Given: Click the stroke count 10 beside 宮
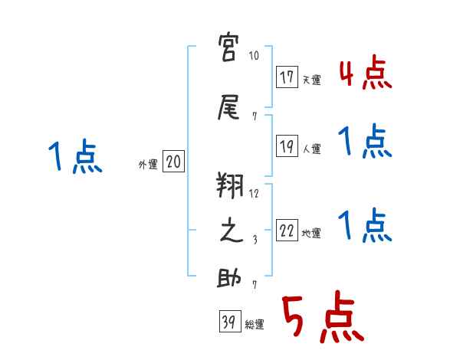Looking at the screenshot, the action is pos(254,56).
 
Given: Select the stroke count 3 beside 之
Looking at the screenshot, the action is pos(254,238).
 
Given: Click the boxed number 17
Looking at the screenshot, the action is pos(287,77).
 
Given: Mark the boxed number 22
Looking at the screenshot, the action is pos(287,231).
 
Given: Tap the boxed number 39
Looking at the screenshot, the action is pos(228,322).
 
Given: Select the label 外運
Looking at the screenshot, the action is pos(147,164).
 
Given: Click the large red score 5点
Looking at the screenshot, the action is pos(321,319).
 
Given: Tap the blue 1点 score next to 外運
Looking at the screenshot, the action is pos(74,157).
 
